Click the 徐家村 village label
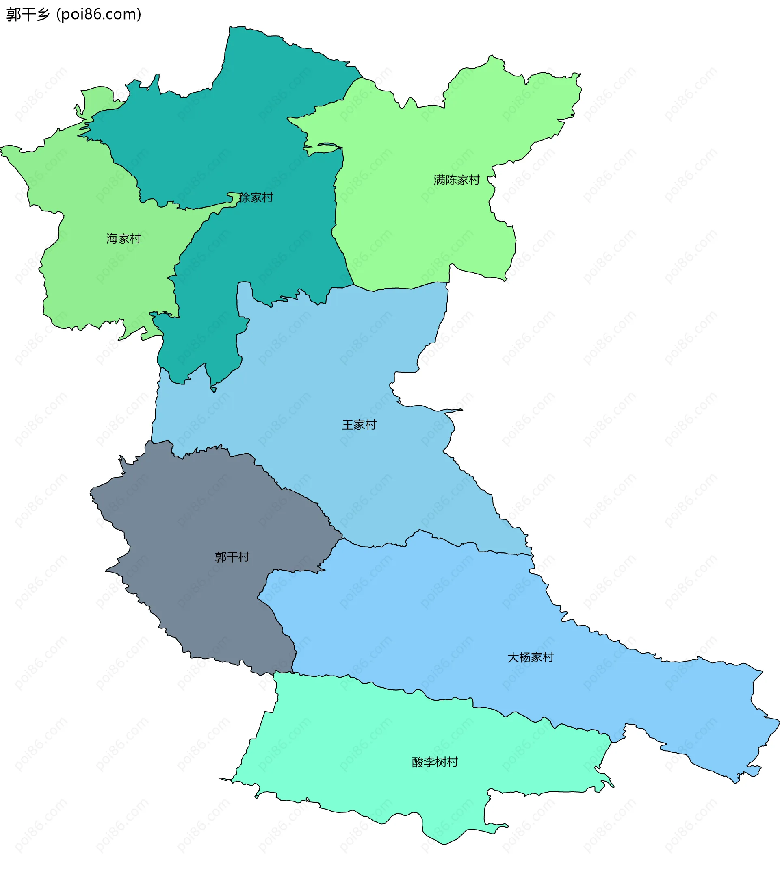click(256, 198)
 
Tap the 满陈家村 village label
click(457, 180)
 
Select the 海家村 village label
click(123, 239)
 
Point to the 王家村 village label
click(359, 425)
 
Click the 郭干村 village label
click(232, 557)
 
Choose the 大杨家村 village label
click(530, 658)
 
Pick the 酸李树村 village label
click(435, 762)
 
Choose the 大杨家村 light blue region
click(429, 622)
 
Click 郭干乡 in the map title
click(28, 15)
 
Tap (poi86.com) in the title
click(99, 15)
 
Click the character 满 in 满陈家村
click(439, 180)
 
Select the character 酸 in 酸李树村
click(418, 762)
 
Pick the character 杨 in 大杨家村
click(524, 658)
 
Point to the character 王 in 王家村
click(348, 425)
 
